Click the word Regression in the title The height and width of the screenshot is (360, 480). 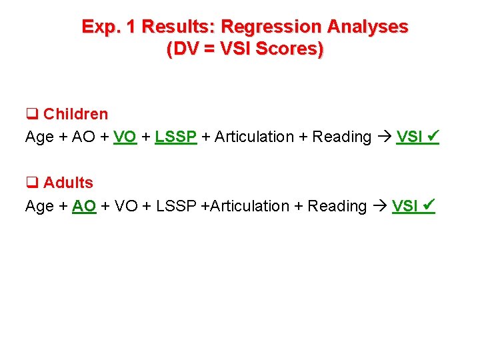271,27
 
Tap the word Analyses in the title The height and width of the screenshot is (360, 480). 367,27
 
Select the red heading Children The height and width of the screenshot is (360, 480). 75,114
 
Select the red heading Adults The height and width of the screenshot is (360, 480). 68,183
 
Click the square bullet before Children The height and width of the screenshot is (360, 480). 31,115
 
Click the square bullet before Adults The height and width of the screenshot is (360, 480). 31,183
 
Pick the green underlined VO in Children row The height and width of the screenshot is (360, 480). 125,137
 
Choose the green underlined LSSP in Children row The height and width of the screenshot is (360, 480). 176,137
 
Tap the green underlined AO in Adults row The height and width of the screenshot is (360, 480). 84,207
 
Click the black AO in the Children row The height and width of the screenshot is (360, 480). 83,137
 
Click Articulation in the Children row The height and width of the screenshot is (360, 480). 254,137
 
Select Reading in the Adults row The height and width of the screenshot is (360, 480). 337,207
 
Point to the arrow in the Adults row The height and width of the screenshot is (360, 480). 380,207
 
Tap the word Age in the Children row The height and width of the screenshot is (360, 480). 39,137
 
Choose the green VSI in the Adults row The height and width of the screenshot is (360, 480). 405,207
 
